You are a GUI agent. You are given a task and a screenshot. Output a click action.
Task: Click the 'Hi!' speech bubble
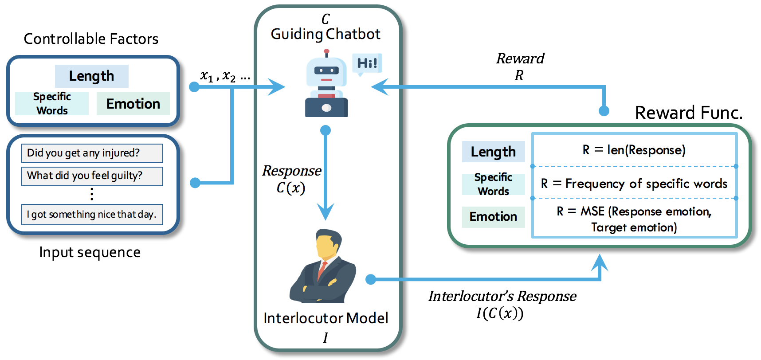tap(367, 64)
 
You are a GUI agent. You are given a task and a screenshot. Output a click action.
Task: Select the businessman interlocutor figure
tap(323, 266)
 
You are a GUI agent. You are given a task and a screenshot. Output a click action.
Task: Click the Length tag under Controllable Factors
tap(92, 76)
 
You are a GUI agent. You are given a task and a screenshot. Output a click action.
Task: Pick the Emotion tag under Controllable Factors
tap(133, 104)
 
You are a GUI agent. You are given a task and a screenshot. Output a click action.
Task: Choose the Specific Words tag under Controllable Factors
tap(52, 104)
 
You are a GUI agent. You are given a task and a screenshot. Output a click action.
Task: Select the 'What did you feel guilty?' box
tap(92, 176)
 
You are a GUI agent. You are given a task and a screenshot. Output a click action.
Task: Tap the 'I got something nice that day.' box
tap(92, 215)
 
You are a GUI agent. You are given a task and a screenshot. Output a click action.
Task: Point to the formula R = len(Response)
tap(634, 150)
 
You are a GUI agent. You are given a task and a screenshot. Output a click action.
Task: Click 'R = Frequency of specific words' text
tap(634, 184)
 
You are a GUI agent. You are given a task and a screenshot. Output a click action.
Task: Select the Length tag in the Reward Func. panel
tap(494, 152)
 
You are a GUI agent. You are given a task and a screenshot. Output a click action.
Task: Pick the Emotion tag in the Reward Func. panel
tap(494, 217)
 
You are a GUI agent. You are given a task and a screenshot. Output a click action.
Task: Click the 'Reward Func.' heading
tap(689, 113)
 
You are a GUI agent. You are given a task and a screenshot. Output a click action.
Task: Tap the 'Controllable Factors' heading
tap(91, 39)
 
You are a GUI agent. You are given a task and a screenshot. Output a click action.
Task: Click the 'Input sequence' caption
tap(90, 252)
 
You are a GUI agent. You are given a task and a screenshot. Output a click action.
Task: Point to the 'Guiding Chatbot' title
tap(326, 34)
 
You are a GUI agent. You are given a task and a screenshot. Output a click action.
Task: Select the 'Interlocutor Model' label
tap(326, 318)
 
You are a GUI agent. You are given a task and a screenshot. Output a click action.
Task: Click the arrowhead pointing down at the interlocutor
tap(326, 211)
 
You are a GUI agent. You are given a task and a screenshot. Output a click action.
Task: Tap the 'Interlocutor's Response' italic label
tap(502, 296)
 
